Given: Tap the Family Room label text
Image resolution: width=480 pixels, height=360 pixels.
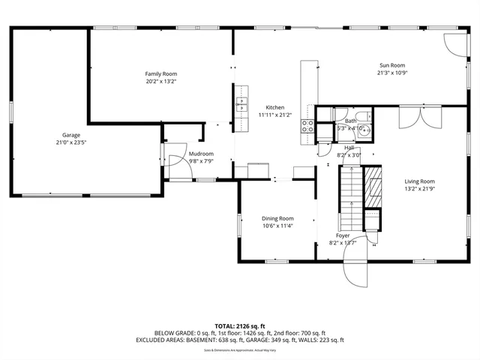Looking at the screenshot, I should click(x=160, y=73).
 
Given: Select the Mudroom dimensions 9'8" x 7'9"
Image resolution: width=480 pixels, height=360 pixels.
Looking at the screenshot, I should click(x=180, y=160).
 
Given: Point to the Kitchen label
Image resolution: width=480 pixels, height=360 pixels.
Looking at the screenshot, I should click(x=274, y=107).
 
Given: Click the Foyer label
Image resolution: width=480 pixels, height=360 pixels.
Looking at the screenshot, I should click(x=343, y=235).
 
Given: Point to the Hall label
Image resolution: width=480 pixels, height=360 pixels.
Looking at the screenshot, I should click(x=349, y=148).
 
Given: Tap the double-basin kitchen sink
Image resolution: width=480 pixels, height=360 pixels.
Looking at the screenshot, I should click(x=242, y=105).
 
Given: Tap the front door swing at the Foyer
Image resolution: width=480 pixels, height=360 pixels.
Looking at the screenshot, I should click(x=354, y=271).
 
